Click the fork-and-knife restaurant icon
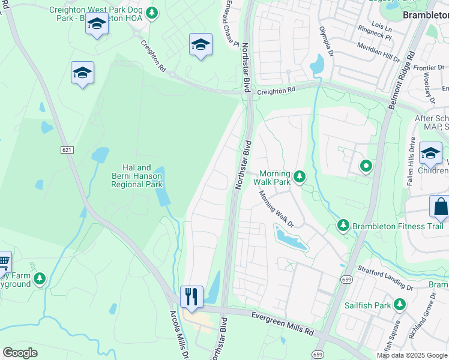[191, 296]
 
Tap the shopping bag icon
[440, 206]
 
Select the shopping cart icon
[4, 262]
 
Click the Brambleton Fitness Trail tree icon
[343, 226]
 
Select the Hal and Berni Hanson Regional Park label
[137, 176]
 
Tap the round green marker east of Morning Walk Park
[365, 166]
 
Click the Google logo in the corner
[21, 352]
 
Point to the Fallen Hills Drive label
[412, 161]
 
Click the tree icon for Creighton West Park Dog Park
[152, 12]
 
